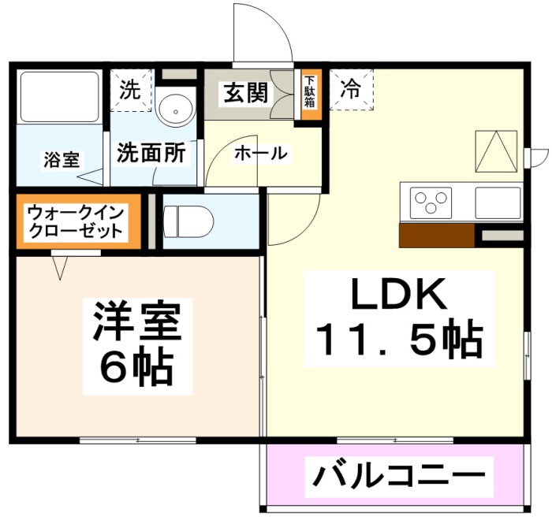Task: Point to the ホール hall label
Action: pyautogui.click(x=260, y=153)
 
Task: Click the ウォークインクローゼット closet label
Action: pyautogui.click(x=75, y=221)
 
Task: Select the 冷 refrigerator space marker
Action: pyautogui.click(x=350, y=90)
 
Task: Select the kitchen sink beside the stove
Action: pyautogui.click(x=498, y=202)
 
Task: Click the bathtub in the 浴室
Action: pyautogui.click(x=59, y=98)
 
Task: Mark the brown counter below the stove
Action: pyautogui.click(x=436, y=236)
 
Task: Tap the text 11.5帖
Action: pyautogui.click(x=399, y=340)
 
